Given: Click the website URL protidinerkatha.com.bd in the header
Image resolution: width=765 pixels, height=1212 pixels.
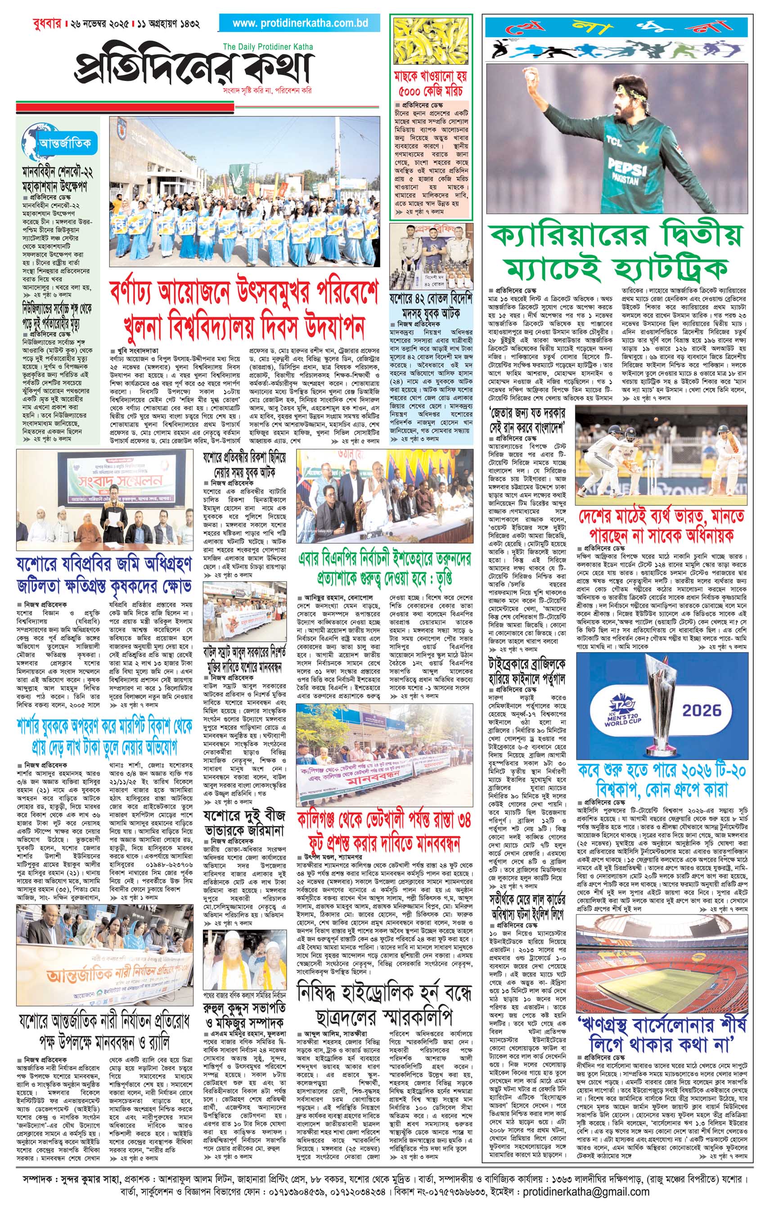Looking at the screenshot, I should tap(300, 23).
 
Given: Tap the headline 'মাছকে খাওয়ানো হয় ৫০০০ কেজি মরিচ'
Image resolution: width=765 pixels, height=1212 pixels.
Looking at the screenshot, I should tap(431, 84).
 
